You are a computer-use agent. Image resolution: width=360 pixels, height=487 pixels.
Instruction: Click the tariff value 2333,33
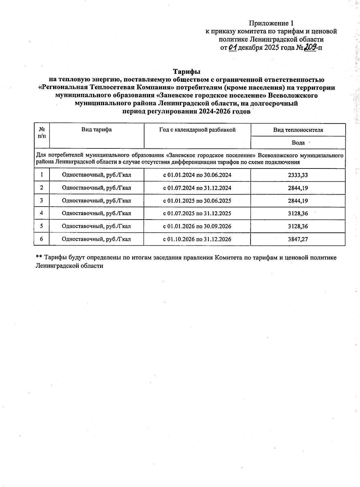pyautogui.click(x=298, y=175)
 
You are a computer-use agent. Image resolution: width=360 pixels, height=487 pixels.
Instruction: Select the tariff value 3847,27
pyautogui.click(x=298, y=239)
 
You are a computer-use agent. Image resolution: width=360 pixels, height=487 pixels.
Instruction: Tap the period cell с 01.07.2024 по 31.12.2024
pyautogui.click(x=197, y=188)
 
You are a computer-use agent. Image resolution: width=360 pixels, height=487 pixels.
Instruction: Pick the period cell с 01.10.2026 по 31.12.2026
pyautogui.click(x=197, y=239)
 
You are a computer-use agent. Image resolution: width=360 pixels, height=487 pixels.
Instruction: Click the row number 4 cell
pyautogui.click(x=41, y=213)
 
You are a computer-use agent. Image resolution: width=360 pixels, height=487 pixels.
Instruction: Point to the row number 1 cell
pyautogui.click(x=41, y=175)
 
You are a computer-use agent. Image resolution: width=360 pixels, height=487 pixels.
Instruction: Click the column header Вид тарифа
pyautogui.click(x=97, y=130)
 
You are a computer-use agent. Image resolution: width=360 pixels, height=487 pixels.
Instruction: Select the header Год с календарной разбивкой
pyautogui.click(x=197, y=130)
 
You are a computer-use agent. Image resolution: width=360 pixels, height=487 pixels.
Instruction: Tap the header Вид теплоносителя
pyautogui.click(x=298, y=130)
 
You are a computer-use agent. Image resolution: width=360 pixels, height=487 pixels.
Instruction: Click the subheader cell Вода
pyautogui.click(x=298, y=143)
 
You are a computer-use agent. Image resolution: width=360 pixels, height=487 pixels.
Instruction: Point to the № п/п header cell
pyautogui.click(x=42, y=132)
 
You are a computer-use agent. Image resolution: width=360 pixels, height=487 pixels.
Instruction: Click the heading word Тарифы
pyautogui.click(x=186, y=72)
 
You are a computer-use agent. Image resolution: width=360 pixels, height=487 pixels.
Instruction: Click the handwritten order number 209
pyautogui.click(x=310, y=47)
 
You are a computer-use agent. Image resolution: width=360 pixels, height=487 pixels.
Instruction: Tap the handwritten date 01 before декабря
pyautogui.click(x=232, y=47)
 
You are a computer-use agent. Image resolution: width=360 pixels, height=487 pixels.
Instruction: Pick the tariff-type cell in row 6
pyautogui.click(x=96, y=239)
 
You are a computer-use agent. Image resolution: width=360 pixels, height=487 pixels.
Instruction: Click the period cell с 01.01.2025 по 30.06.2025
pyautogui.click(x=197, y=201)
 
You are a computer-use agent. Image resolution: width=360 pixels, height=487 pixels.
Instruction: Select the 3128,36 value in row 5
pyautogui.click(x=298, y=226)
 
